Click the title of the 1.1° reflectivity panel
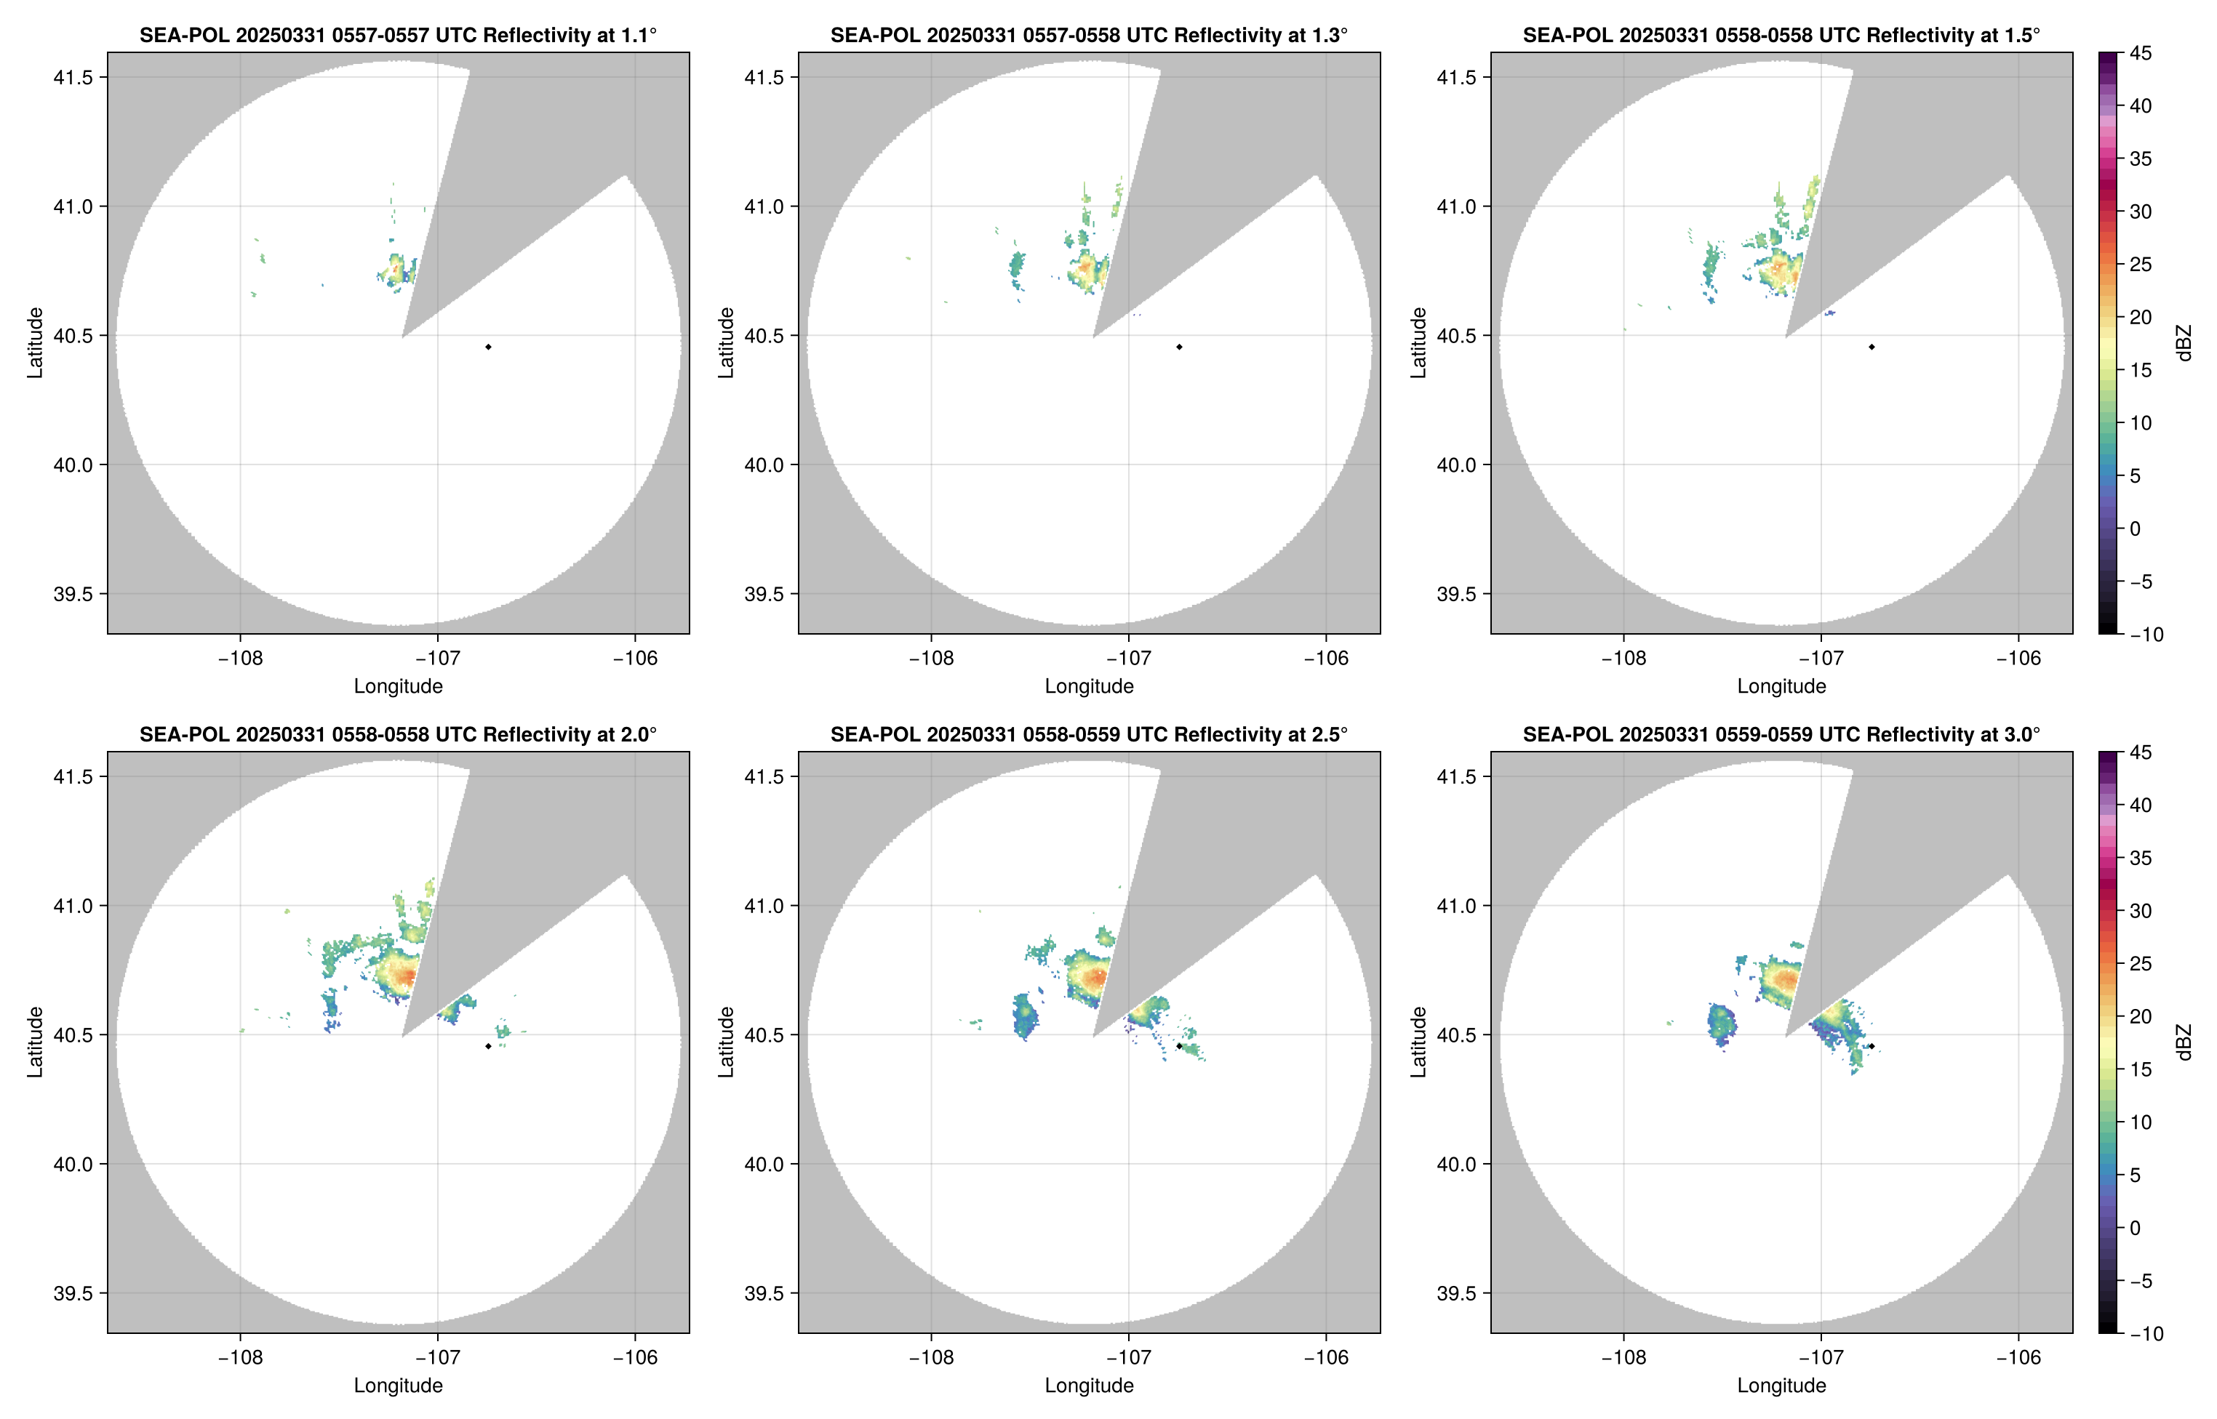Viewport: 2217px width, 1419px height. point(398,35)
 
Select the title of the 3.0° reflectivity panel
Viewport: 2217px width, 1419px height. point(1781,734)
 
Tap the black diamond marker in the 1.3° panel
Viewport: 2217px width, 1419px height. point(1179,347)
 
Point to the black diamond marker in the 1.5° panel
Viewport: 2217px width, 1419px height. point(1872,347)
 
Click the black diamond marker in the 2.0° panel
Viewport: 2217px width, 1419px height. point(487,1046)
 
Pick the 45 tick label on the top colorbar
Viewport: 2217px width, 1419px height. point(2141,54)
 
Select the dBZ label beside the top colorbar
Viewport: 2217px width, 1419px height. point(2183,343)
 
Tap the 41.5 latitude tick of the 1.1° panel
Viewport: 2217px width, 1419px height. point(73,77)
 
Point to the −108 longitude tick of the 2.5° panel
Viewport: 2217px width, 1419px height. point(931,1357)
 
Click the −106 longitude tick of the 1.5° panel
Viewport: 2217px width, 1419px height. point(2018,658)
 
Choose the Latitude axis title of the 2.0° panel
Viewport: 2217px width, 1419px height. point(35,1042)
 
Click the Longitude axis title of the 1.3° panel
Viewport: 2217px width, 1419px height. point(1089,686)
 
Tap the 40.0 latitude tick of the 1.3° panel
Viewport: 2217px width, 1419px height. point(764,465)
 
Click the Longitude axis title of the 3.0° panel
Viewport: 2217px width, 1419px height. point(1781,1385)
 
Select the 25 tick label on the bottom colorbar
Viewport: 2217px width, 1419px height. point(2141,963)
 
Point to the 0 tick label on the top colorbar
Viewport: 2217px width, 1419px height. point(2135,529)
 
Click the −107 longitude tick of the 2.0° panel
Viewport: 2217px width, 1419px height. point(437,1357)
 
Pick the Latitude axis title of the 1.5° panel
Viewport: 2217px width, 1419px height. point(1418,343)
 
